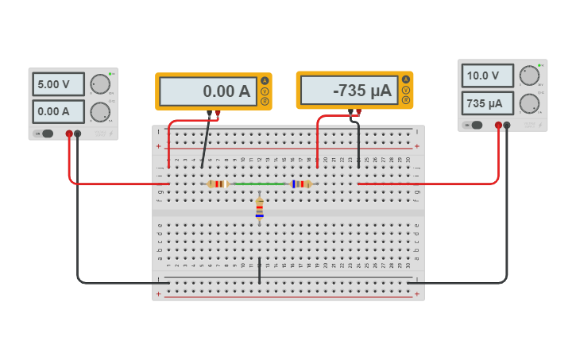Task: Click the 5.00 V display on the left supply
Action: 59,84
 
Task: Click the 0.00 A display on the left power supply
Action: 59,111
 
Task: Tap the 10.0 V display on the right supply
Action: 488,76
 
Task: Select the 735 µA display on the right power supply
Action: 488,103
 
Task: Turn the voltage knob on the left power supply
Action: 99,83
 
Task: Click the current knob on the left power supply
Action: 99,111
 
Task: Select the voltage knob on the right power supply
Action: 529,76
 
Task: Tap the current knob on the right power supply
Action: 529,103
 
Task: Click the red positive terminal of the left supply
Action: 69,134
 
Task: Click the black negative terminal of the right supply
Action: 507,125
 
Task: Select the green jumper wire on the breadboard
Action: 260,184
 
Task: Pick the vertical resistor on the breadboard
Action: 259,208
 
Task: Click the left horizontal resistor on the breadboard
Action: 218,184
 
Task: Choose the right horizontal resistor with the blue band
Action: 301,184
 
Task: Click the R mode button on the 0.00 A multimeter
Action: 265,102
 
